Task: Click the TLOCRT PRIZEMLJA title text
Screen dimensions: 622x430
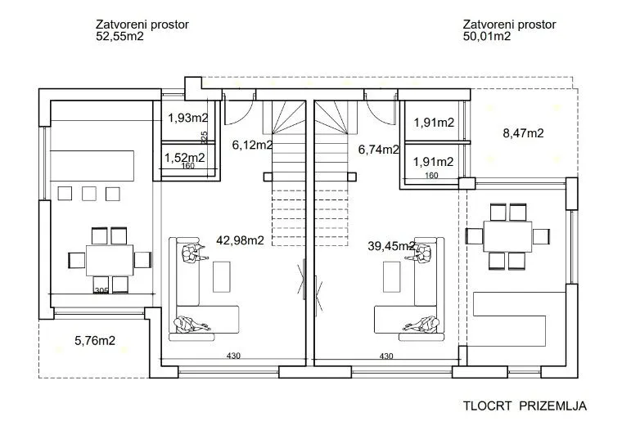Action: (525, 406)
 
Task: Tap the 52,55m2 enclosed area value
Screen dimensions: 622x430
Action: (119, 37)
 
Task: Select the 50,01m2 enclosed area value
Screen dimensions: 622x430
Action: (487, 37)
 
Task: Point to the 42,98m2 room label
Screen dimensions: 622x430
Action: (240, 240)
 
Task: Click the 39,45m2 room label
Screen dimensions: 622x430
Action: (391, 246)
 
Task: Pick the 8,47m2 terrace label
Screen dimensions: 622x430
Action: (523, 133)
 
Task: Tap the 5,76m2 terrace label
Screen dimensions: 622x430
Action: (95, 340)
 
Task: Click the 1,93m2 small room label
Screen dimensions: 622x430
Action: (188, 118)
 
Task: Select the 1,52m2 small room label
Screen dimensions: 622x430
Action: (184, 158)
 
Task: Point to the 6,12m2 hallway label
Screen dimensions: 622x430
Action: (252, 145)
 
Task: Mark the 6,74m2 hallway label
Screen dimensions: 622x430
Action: (378, 150)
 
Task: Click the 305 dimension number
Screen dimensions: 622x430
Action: (101, 291)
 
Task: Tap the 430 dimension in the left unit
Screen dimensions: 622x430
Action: (233, 356)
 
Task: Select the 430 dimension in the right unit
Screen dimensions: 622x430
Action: (386, 356)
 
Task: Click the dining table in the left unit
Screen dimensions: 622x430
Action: (110, 260)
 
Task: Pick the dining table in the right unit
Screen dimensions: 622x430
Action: (507, 236)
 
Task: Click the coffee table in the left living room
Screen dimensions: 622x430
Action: (221, 276)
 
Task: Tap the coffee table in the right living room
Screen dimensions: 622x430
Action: (391, 276)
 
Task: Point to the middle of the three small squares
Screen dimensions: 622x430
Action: (89, 194)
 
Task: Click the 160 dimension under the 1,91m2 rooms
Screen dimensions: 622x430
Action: (431, 175)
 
